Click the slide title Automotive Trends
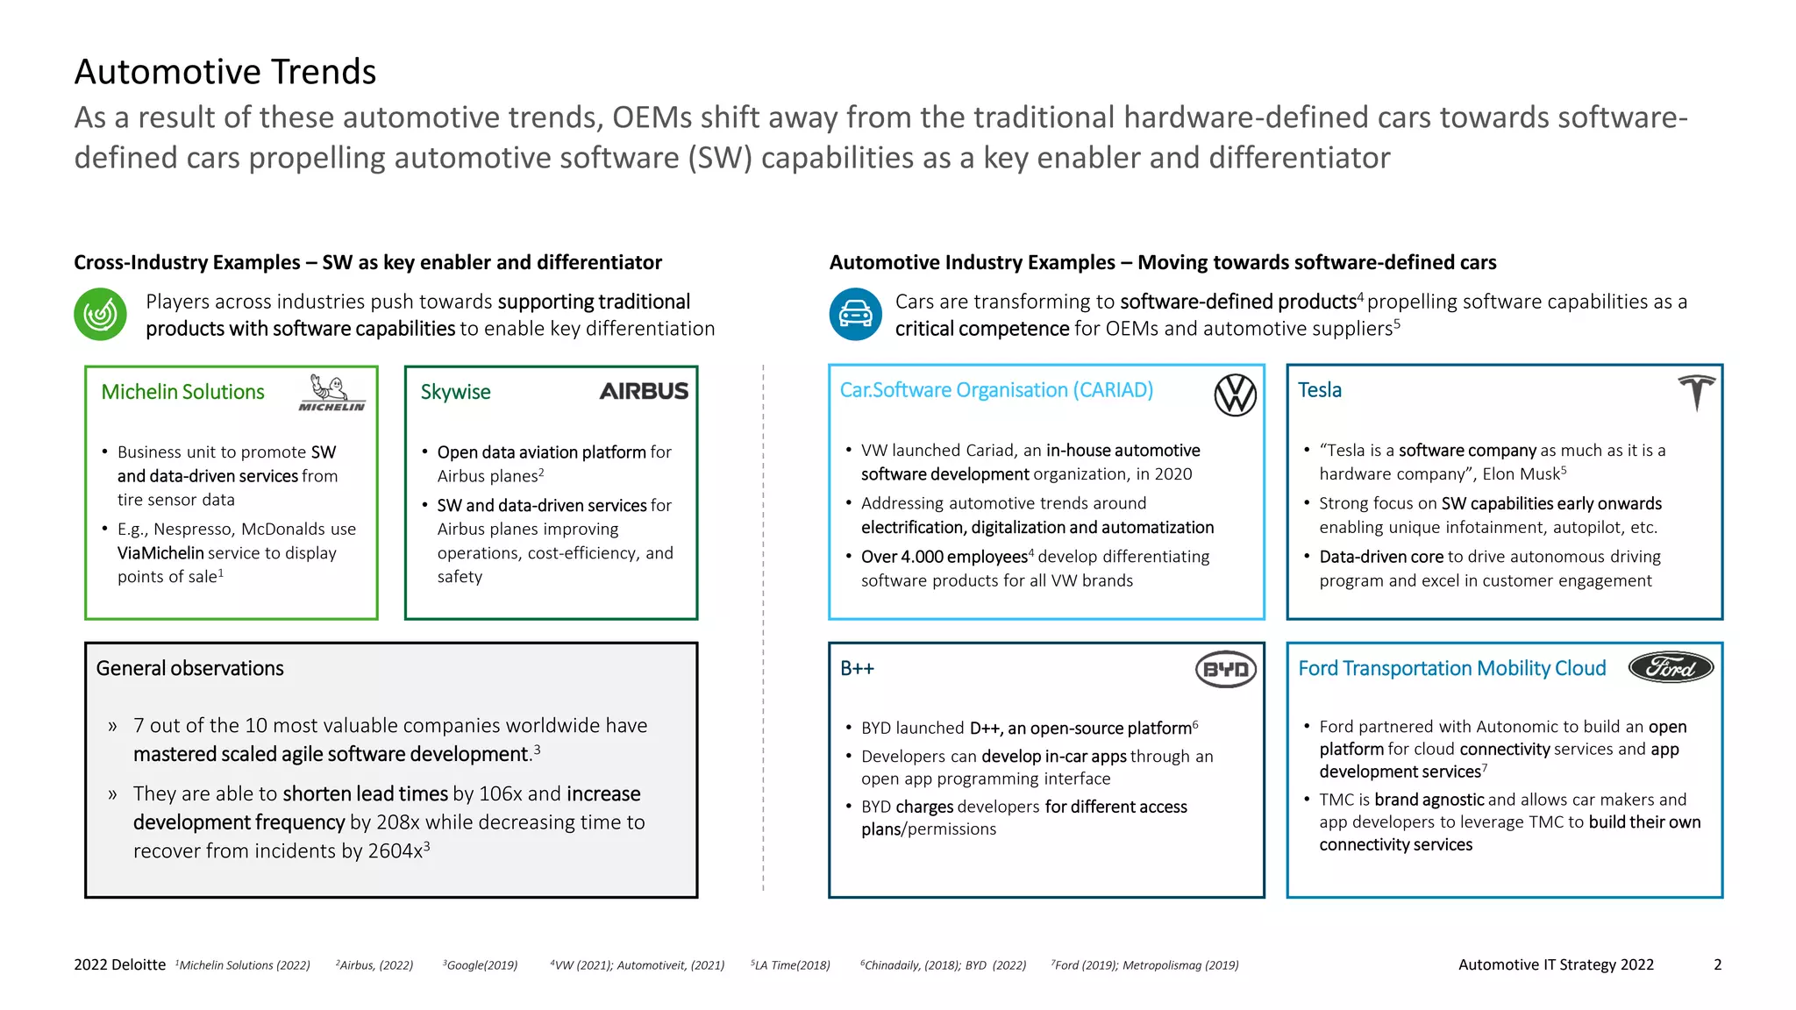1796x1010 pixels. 225,72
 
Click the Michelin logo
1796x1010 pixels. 331,393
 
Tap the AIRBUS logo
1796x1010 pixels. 644,391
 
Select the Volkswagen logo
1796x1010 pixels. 1235,395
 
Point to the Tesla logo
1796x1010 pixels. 1696,392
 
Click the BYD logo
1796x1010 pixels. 1225,670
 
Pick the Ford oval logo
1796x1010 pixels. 1671,668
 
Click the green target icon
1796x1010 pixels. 101,314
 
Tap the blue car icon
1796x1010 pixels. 855,314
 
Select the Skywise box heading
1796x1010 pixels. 455,392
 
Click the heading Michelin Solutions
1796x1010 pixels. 182,392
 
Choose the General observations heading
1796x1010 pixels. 189,668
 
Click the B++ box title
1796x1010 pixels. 857,668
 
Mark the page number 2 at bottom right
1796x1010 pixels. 1717,964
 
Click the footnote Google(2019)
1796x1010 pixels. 481,965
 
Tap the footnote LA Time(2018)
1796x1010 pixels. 792,965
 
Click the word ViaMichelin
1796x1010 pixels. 160,553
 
